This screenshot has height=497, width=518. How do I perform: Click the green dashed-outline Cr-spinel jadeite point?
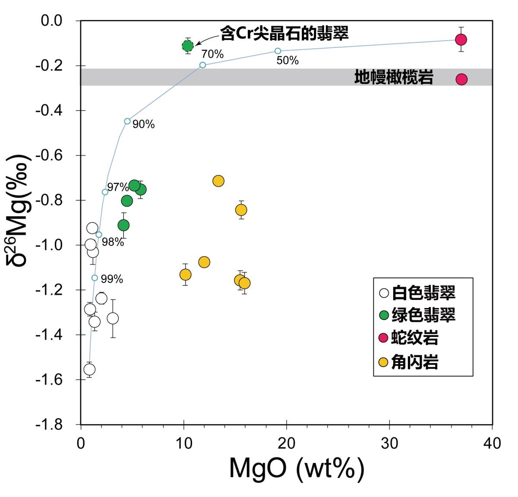click(188, 46)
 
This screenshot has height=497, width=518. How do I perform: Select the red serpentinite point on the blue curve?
click(461, 40)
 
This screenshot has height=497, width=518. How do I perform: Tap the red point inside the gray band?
click(461, 79)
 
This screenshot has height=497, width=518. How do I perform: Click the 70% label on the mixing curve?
click(212, 54)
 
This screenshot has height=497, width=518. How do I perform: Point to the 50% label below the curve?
click(287, 61)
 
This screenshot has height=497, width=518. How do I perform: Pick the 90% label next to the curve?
click(143, 125)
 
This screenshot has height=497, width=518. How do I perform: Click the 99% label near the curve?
click(112, 280)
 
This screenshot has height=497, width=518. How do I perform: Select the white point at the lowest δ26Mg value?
click(89, 369)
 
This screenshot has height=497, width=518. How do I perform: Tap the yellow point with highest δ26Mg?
click(218, 181)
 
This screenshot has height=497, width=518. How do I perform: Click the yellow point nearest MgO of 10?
click(185, 275)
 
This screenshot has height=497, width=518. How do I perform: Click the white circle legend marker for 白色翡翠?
click(384, 293)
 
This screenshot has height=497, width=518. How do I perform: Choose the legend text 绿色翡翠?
click(423, 315)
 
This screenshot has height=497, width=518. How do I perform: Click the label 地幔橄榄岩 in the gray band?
click(394, 78)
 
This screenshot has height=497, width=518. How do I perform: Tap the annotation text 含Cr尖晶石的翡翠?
click(284, 33)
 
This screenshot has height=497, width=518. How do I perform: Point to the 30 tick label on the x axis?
click(389, 443)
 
